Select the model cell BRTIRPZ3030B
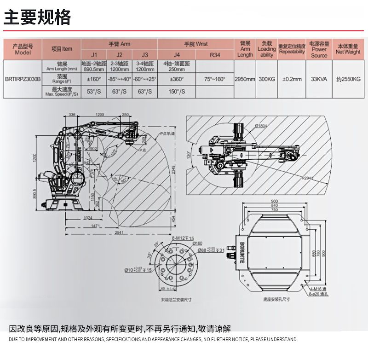[x=23, y=79]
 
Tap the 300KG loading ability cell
[x=267, y=79]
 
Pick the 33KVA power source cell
[x=319, y=79]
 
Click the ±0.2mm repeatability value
[x=292, y=79]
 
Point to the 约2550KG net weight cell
[x=348, y=79]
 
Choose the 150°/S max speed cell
[x=177, y=92]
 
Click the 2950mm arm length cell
[x=245, y=79]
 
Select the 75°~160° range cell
[x=215, y=79]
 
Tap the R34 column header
[x=215, y=55]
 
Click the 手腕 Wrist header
[x=196, y=44]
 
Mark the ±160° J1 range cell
[x=94, y=79]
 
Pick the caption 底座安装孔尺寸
[x=276, y=299]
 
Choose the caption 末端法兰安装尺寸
[x=176, y=299]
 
